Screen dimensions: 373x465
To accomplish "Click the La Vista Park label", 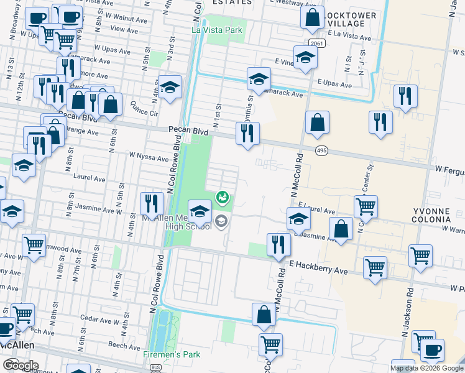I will (218, 29).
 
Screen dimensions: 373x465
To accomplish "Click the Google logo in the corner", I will (21, 364).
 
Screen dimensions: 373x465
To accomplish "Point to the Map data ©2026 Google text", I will (426, 368).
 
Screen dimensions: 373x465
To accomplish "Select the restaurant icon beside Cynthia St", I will (247, 133).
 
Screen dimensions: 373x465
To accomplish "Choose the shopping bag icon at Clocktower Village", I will (312, 18).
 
